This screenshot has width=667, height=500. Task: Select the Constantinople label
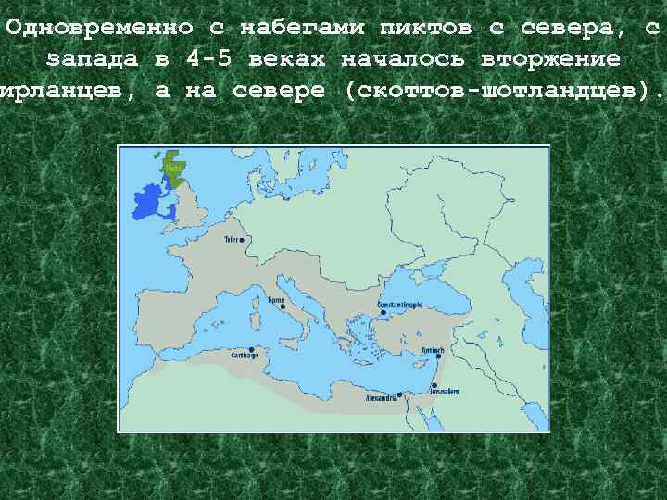[399, 304]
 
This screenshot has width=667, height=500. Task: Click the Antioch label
[434, 350]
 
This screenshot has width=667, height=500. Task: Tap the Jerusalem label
[444, 392]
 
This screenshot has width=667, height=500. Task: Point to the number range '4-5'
[210, 59]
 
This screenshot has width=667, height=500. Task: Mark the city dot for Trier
[244, 240]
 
